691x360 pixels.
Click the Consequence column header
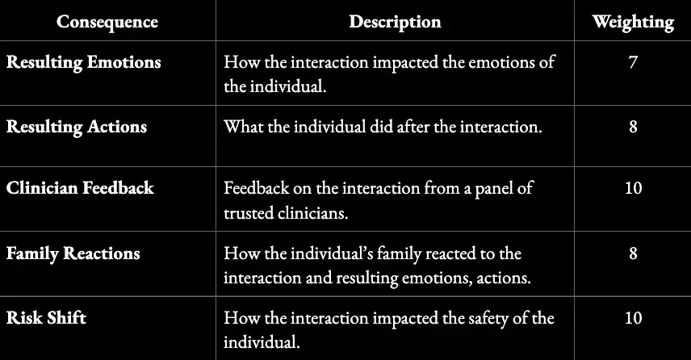tap(107, 22)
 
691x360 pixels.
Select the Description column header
tap(395, 22)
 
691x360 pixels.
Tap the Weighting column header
tap(633, 22)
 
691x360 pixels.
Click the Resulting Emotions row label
tap(84, 62)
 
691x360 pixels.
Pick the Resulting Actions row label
tap(77, 127)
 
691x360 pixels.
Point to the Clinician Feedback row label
tap(80, 188)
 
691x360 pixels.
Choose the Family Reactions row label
tap(73, 253)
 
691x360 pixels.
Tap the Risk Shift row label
tap(46, 317)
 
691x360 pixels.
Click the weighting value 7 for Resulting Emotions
tap(633, 62)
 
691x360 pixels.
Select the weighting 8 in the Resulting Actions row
tap(633, 127)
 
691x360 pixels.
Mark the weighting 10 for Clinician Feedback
tap(633, 188)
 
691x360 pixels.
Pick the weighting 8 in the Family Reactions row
tap(633, 253)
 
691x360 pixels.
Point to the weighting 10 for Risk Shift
tap(633, 317)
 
